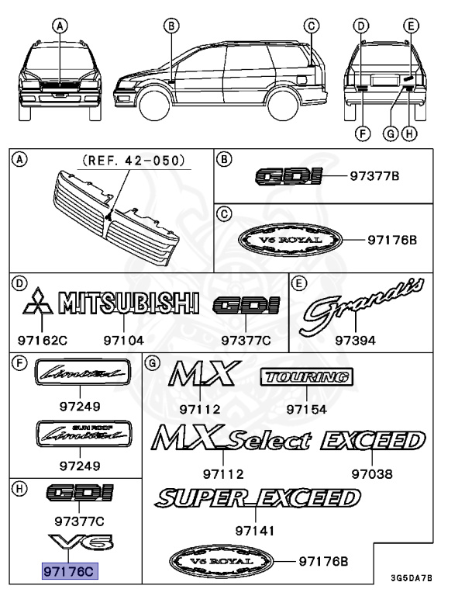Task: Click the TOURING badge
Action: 305,378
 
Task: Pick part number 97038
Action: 371,473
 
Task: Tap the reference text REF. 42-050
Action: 134,161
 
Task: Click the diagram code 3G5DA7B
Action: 411,578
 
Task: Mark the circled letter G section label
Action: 153,362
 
